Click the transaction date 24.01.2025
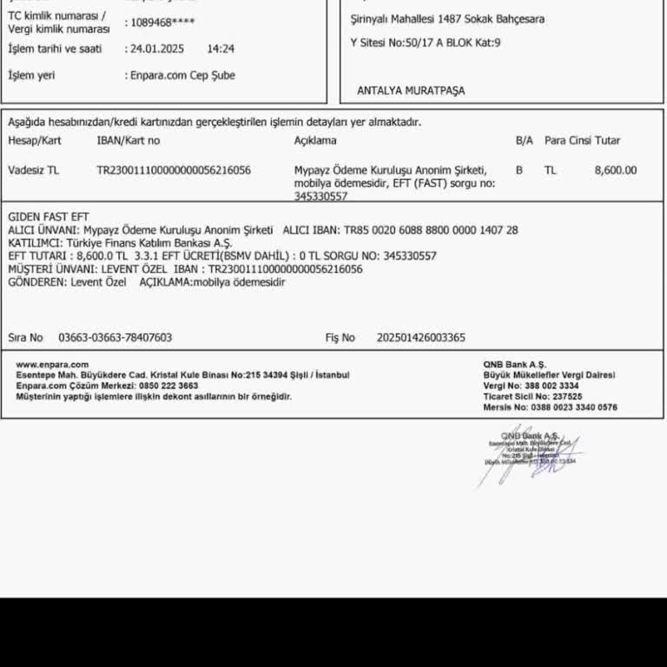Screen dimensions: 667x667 [x=155, y=50]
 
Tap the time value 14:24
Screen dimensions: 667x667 [x=221, y=50]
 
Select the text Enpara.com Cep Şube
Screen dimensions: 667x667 [x=180, y=76]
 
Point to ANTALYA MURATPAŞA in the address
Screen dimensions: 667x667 [x=411, y=90]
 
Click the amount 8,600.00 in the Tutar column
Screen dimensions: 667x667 [x=615, y=170]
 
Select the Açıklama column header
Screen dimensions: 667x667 [x=315, y=141]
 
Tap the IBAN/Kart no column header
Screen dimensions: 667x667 [x=129, y=141]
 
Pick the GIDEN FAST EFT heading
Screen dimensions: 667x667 [x=49, y=216]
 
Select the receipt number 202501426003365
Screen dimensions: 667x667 [x=421, y=338]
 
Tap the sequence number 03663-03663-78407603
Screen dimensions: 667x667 [x=116, y=338]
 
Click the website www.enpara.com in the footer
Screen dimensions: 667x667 [x=52, y=365]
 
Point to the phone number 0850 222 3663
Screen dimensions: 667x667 [x=168, y=386]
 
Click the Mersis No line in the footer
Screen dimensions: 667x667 [x=550, y=406]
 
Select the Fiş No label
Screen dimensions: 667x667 [x=340, y=338]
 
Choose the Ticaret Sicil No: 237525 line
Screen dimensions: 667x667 [x=532, y=396]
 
